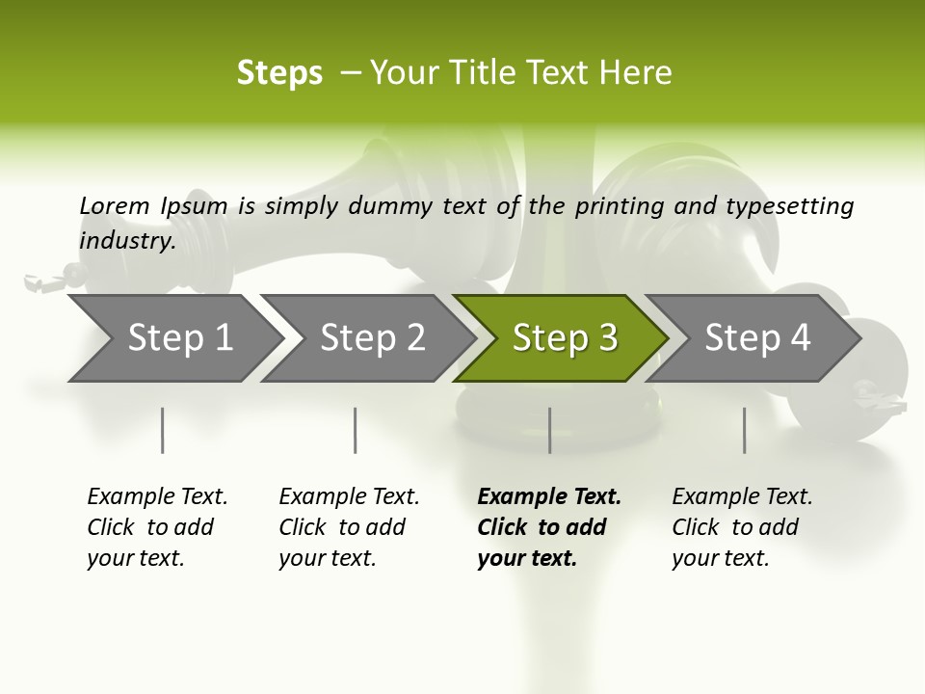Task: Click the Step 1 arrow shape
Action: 173,338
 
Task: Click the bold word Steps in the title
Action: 279,73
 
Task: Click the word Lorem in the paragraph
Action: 114,205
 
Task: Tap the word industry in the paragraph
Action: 126,240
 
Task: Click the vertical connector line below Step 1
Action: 163,430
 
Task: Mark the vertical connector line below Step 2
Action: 356,430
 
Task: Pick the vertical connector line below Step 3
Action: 549,430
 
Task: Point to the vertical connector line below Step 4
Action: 744,430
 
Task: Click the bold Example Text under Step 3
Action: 549,497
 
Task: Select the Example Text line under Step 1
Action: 157,497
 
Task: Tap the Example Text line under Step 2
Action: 349,497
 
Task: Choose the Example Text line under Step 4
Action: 742,497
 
